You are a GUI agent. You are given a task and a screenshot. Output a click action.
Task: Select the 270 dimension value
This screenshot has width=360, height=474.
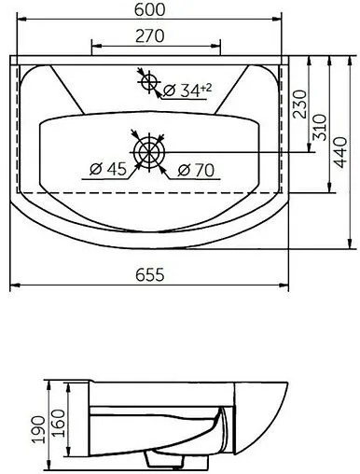[x=155, y=36]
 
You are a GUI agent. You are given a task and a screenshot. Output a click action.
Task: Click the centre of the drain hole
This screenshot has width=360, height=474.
[x=150, y=151]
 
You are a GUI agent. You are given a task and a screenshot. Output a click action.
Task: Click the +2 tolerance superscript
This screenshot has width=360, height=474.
[x=206, y=86]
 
